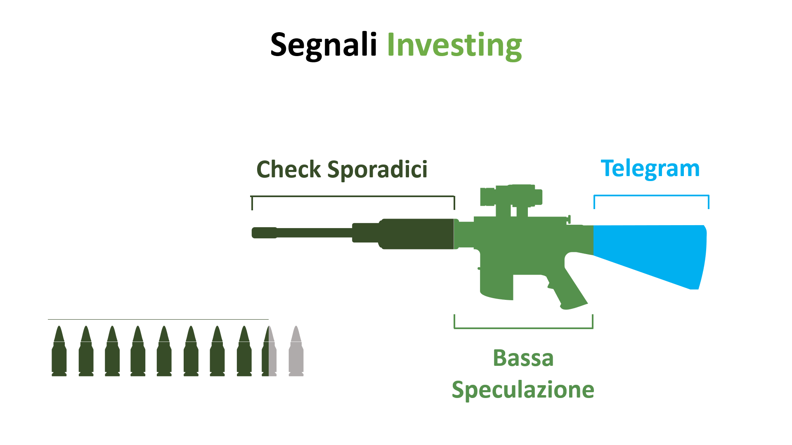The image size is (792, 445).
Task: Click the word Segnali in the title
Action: click(323, 45)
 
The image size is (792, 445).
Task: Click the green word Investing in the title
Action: click(454, 45)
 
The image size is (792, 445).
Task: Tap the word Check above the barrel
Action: click(288, 170)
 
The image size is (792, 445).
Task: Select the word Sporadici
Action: click(377, 170)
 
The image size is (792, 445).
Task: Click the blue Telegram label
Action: click(650, 169)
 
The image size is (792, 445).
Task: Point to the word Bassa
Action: click(523, 358)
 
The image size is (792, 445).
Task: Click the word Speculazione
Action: click(523, 390)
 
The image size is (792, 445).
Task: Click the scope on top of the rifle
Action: click(511, 197)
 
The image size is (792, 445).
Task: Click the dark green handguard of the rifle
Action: click(417, 234)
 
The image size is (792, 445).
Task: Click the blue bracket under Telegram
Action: click(651, 195)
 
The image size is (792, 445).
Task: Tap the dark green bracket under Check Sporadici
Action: click(353, 197)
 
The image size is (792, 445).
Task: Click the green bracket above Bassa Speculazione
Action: click(523, 328)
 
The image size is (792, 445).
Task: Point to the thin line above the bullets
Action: click(158, 319)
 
